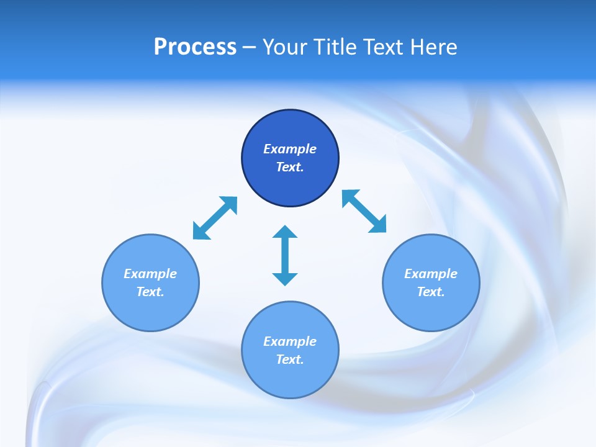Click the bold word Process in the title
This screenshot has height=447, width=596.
tap(195, 47)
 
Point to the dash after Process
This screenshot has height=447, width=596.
tap(249, 48)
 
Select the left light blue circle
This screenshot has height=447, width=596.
tap(150, 310)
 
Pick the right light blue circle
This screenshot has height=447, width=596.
tap(431, 310)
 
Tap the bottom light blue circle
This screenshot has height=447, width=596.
tap(290, 379)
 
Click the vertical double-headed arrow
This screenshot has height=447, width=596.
tap(285, 256)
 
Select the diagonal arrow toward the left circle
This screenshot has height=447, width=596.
tap(215, 218)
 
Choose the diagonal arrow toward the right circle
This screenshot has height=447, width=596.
tap(364, 212)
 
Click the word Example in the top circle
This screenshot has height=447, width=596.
tap(290, 149)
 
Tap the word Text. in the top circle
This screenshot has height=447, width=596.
tap(290, 167)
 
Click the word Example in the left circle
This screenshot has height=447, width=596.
tap(150, 274)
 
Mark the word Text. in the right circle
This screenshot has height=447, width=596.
tap(431, 292)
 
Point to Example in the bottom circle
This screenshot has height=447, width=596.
tap(290, 341)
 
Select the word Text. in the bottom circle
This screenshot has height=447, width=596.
tap(290, 359)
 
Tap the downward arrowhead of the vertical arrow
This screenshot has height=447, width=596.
tap(285, 279)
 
